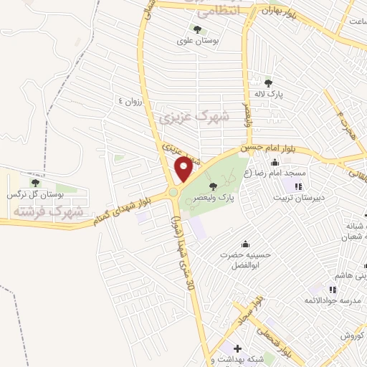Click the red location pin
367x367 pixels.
pyautogui.click(x=183, y=169)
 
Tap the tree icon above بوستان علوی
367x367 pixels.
pyautogui.click(x=197, y=29)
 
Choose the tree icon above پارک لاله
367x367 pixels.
pyautogui.click(x=268, y=83)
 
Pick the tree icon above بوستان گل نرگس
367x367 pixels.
pyautogui.click(x=35, y=183)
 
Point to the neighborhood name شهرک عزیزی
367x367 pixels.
pyautogui.click(x=193, y=116)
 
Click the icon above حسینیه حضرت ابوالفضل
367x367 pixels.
pyautogui.click(x=246, y=243)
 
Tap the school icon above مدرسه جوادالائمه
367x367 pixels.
pyautogui.click(x=332, y=290)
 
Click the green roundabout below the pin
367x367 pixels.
pyautogui.click(x=174, y=192)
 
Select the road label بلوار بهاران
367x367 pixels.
pyautogui.click(x=280, y=9)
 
